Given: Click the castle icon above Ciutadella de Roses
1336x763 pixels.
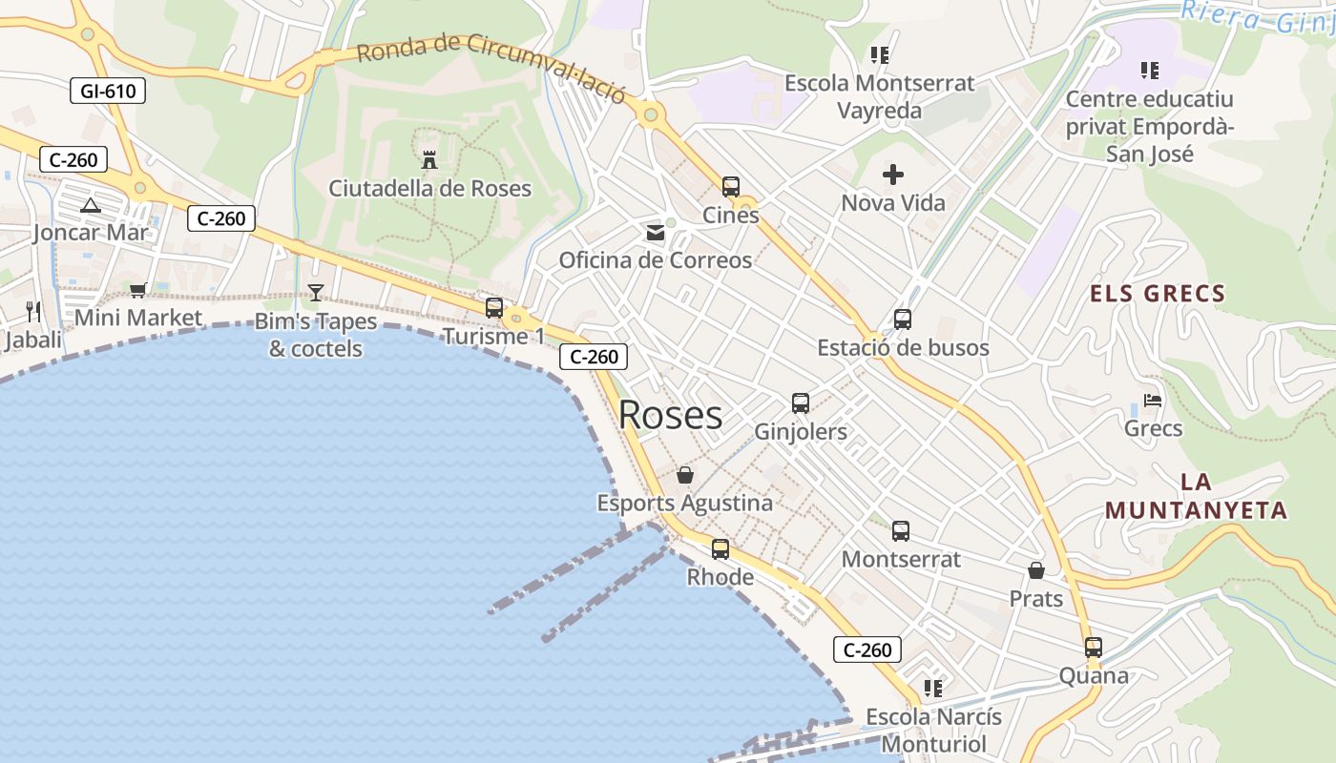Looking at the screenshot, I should [429, 159].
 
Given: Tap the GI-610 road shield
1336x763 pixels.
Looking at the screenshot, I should [108, 92].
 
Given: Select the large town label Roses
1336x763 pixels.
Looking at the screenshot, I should [670, 415].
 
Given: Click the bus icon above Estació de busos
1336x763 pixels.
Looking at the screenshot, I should [903, 320].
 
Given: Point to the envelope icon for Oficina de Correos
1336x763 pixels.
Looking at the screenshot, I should [656, 232].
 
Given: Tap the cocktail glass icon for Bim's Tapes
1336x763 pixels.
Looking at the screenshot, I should [316, 292].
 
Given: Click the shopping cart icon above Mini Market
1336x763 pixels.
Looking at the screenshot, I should [137, 290].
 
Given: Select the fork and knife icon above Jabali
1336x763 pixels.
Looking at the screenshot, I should [33, 311].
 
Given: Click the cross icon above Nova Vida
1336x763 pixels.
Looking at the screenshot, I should [893, 175].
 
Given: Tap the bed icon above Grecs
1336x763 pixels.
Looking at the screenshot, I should [1153, 401].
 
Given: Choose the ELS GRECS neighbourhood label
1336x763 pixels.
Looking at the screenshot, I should [1158, 294].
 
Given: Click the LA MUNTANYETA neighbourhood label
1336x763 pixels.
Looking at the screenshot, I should [1197, 496].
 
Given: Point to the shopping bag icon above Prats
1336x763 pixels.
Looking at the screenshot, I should [1036, 570].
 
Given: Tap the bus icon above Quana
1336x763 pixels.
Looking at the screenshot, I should [1094, 648].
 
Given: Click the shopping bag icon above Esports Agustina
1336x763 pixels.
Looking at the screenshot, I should [685, 474].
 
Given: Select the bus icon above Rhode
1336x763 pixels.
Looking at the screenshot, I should [720, 549].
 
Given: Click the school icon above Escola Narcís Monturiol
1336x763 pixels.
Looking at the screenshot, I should [933, 688].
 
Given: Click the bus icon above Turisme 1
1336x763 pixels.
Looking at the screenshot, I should [494, 308].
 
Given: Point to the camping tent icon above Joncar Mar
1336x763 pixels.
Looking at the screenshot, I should [90, 205].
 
